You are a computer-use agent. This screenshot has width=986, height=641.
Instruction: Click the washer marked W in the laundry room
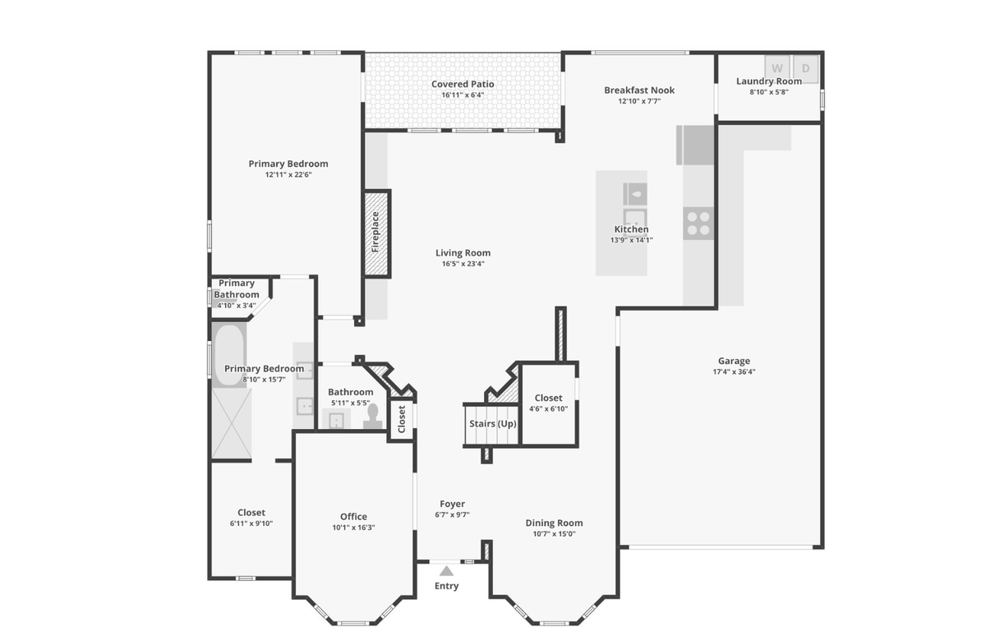coord(777,69)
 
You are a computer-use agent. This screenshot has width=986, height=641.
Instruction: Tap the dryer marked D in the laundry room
coord(805,69)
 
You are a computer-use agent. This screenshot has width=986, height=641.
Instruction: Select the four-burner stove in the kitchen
coord(698,224)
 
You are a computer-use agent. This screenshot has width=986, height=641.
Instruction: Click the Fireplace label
coord(376,232)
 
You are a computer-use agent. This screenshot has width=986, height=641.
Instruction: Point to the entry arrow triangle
coord(446,571)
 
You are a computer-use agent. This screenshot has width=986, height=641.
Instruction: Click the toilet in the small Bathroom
coord(373,417)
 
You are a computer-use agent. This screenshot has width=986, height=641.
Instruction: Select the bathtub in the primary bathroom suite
coord(229,355)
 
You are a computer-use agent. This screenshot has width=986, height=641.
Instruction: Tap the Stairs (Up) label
coord(492,424)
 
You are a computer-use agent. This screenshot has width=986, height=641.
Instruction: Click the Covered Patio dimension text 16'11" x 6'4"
coord(463,95)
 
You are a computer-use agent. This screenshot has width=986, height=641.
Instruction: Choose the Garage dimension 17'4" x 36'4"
coord(734,371)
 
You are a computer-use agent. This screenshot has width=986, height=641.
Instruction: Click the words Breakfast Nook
coord(639,90)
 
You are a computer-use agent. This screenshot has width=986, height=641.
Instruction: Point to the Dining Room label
coord(554,523)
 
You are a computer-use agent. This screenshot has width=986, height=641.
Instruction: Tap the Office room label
coord(353,517)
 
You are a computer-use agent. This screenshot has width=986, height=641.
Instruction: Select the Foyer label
coord(452,504)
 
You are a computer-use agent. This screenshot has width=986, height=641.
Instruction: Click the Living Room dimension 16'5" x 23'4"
coord(463,264)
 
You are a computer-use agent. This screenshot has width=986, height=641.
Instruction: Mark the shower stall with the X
coord(232,423)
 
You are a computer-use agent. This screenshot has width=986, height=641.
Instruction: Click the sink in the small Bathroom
coord(336,421)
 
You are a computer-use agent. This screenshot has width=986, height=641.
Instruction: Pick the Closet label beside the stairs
coord(549,398)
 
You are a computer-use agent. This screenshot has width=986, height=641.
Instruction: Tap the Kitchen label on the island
coord(631,229)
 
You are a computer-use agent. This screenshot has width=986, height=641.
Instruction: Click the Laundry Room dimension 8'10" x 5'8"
coord(769,92)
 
